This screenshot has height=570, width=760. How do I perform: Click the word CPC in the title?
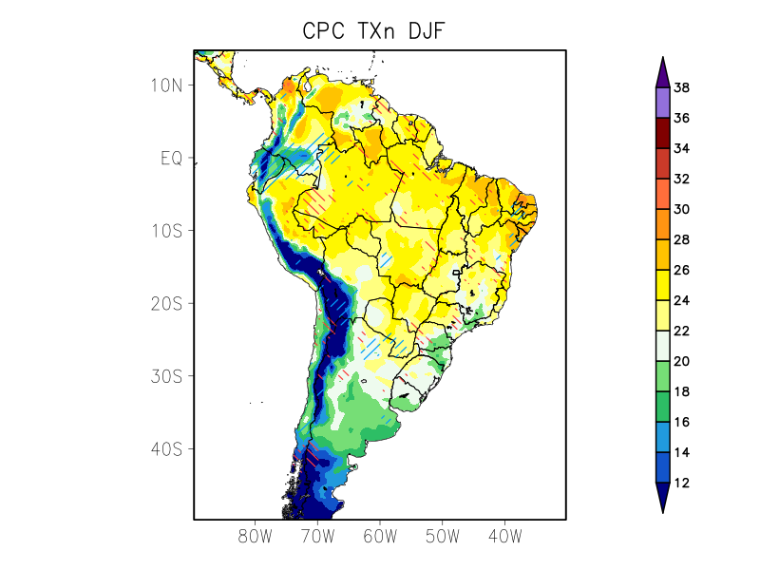tap(324, 31)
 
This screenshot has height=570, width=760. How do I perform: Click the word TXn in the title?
tap(373, 31)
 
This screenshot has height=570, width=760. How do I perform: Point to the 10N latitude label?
tap(165, 85)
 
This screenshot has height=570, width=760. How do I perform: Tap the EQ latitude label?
tap(171, 158)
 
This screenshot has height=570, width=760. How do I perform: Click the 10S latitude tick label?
tap(165, 231)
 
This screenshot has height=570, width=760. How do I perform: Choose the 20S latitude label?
tap(165, 303)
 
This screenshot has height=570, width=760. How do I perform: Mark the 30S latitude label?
tap(165, 376)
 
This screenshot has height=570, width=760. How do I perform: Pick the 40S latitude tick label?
tap(165, 448)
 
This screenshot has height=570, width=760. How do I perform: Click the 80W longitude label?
tap(256, 537)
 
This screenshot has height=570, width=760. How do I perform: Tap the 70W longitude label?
tap(317, 537)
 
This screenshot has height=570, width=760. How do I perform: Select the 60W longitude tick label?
tap(380, 537)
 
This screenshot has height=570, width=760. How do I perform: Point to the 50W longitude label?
tap(442, 537)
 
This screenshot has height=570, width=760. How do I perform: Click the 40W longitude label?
tap(504, 537)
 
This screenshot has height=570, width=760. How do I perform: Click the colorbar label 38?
tap(681, 88)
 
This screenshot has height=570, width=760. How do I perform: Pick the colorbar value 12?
tap(681, 484)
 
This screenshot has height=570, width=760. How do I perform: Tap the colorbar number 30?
tap(681, 210)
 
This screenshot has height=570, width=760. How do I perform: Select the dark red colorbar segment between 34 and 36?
tap(662, 134)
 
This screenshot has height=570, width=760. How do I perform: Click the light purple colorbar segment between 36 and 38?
tap(662, 104)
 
